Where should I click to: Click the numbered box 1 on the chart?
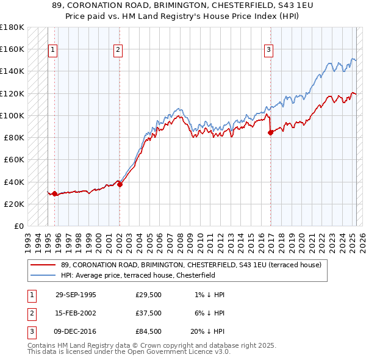click(52, 51)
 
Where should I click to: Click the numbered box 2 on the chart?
click(118, 51)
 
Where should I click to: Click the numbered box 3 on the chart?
click(268, 51)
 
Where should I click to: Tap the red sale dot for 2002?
click(120, 184)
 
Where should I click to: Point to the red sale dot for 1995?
click(55, 193)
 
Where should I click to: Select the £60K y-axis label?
click(14, 159)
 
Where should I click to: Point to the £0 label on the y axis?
click(19, 226)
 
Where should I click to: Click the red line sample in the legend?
click(43, 265)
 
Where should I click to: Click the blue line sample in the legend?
click(43, 275)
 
